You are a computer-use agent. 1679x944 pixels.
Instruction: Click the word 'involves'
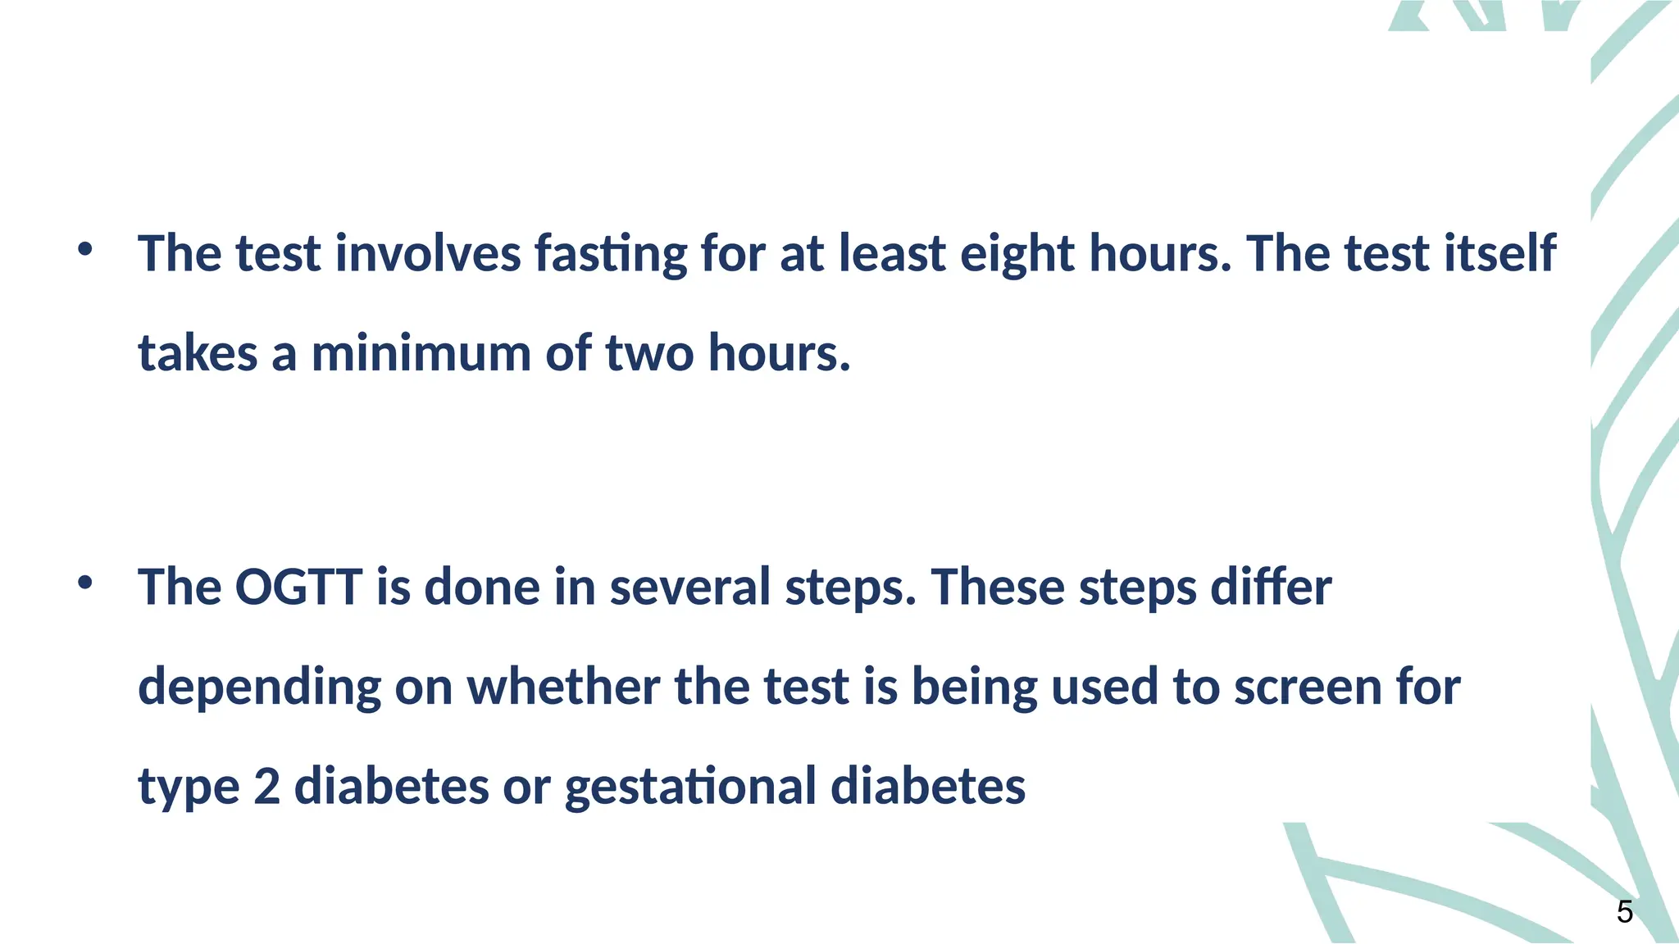[x=428, y=253]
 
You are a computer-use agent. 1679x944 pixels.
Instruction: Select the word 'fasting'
[x=611, y=253]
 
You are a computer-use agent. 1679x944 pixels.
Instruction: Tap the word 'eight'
[x=1017, y=253]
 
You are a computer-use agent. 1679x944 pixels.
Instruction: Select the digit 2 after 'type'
[x=267, y=786]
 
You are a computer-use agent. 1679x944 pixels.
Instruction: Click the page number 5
[x=1624, y=912]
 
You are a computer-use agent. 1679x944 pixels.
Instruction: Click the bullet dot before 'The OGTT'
[x=84, y=583]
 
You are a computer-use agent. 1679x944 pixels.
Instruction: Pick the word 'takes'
[x=198, y=353]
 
